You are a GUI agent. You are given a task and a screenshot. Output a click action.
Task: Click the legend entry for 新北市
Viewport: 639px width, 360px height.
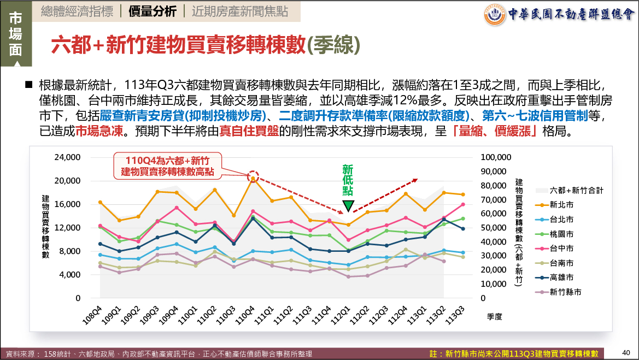(561, 205)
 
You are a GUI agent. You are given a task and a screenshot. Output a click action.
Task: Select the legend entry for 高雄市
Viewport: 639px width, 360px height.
(561, 278)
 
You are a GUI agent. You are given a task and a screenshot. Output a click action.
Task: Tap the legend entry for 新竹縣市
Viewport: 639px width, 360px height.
(565, 292)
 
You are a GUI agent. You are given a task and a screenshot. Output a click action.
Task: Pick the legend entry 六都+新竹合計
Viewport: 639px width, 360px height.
(576, 190)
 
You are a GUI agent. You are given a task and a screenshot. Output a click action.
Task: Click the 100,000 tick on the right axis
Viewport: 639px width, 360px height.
(496, 157)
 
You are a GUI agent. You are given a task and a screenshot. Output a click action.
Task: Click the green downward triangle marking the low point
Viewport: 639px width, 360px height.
(348, 206)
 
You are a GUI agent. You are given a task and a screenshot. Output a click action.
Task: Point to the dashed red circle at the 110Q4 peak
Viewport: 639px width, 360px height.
(253, 176)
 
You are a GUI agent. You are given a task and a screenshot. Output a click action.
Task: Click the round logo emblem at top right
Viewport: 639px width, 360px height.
(495, 14)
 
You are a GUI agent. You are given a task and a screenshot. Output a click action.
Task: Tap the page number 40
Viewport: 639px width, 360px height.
(626, 352)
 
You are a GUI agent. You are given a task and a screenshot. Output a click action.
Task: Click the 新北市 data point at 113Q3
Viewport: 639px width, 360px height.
(463, 194)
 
